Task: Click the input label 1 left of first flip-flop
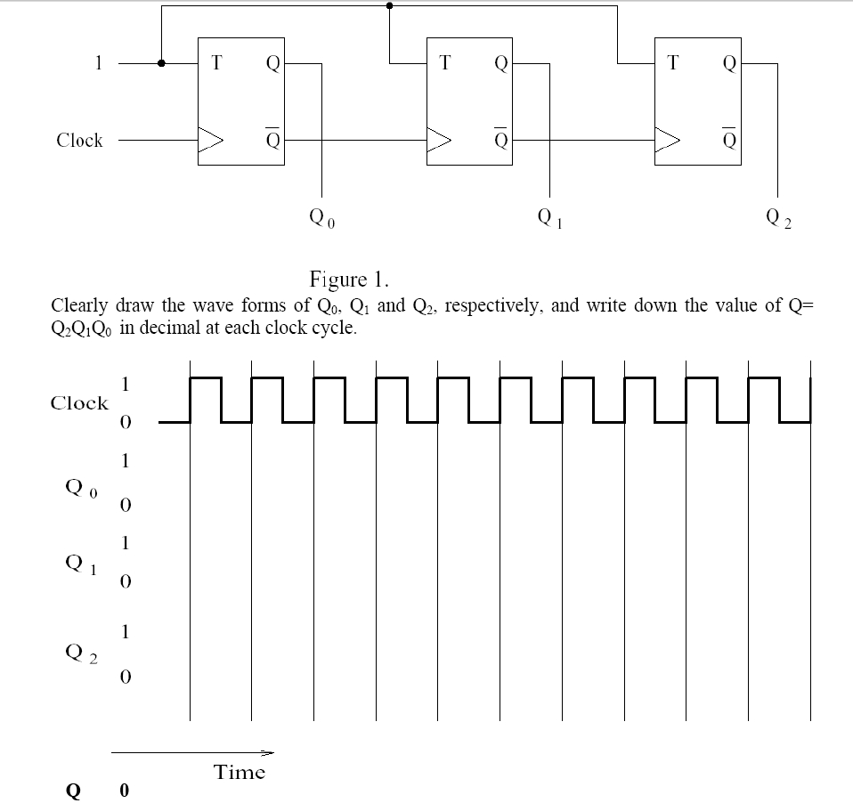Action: point(100,63)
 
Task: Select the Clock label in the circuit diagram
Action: point(79,141)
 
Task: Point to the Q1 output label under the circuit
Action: point(549,216)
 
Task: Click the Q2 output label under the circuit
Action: point(776,216)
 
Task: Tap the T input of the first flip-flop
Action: point(215,63)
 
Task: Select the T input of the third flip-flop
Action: point(672,63)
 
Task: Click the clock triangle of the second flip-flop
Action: point(441,140)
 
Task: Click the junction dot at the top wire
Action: point(389,6)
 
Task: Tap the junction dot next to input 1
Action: point(161,63)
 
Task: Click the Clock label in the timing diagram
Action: point(78,403)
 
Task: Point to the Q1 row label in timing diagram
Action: point(81,563)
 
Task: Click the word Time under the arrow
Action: point(240,773)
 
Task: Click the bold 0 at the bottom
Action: point(124,791)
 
